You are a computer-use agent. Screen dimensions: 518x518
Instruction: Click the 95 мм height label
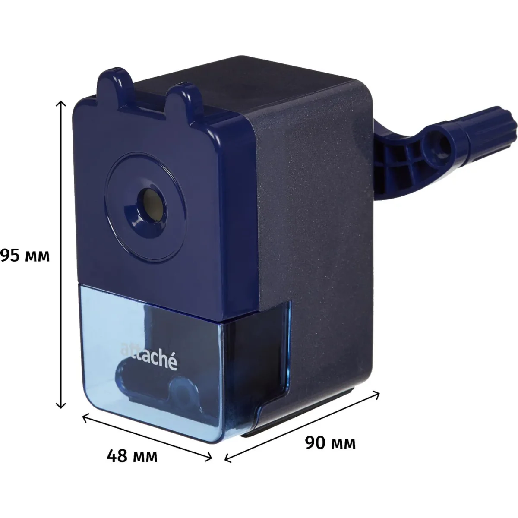coord(25,256)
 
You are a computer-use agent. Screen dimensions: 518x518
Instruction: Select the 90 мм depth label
coord(330,443)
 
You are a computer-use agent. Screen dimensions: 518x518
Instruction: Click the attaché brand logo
coord(148,356)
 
